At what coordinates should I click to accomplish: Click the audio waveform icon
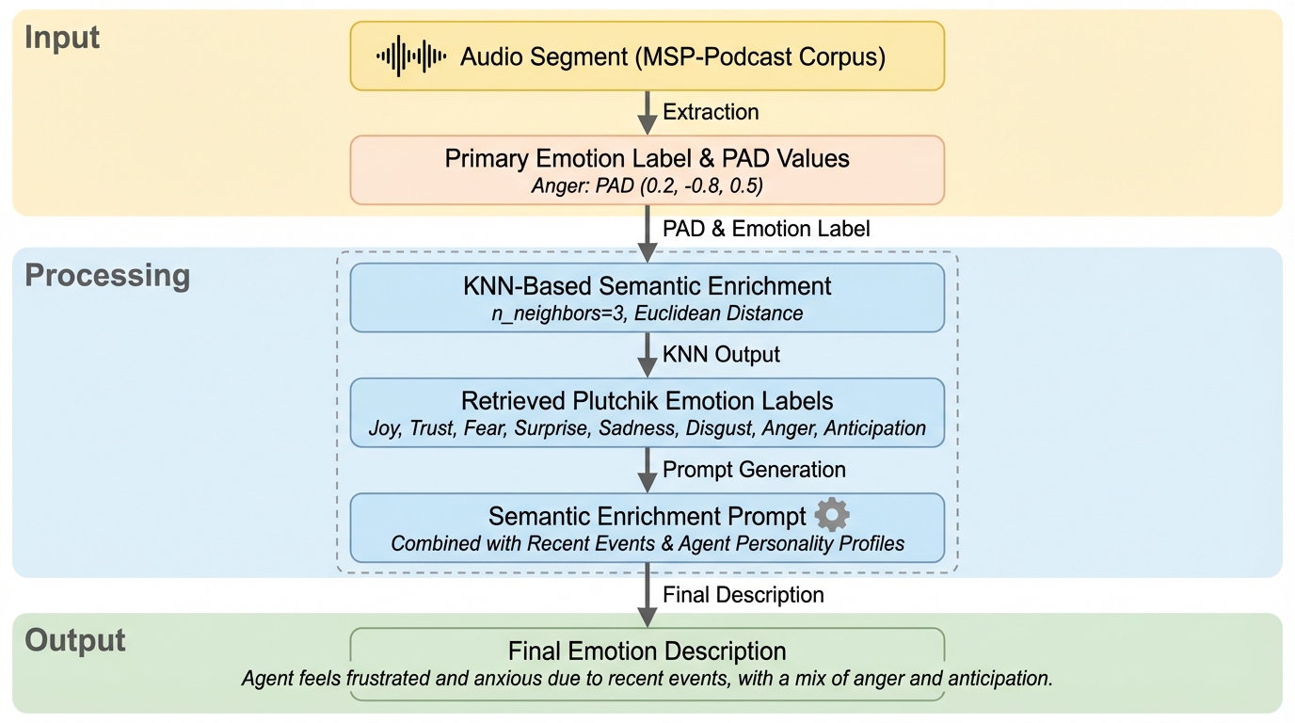coord(411,56)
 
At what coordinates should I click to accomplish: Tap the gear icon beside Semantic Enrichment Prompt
coord(832,515)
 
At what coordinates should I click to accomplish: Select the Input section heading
coord(62,38)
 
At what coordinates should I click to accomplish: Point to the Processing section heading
coord(107,276)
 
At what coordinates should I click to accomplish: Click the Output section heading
coord(75,640)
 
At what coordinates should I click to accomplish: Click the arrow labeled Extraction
coord(647,113)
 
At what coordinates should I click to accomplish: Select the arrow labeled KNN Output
coord(647,355)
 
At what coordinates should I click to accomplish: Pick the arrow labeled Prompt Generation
coord(647,470)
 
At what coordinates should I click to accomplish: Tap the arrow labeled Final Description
coord(647,595)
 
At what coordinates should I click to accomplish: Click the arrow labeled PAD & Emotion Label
coord(647,232)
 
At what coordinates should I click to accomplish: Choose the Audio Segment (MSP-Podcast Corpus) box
coord(647,56)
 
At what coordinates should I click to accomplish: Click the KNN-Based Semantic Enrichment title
coord(647,285)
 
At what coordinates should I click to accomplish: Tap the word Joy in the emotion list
coord(383,428)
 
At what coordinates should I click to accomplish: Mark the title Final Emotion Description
coord(647,651)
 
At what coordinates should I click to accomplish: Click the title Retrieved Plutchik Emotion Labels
coord(647,400)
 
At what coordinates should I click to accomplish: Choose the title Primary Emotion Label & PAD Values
coord(647,158)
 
